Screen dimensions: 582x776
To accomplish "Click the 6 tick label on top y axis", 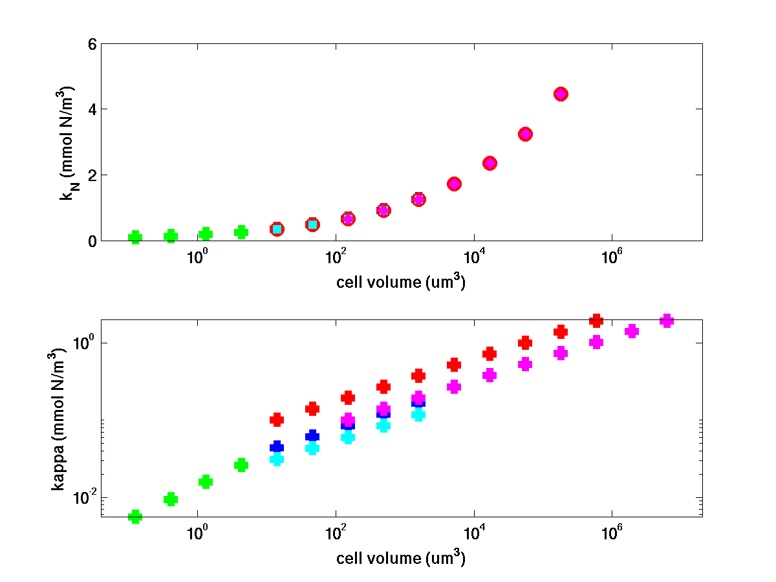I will pyautogui.click(x=91, y=44).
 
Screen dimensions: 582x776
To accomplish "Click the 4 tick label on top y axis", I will pyautogui.click(x=91, y=109).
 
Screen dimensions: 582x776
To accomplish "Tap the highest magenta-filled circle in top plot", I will pyautogui.click(x=561, y=94).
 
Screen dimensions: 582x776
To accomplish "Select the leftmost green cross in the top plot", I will pyautogui.click(x=135, y=237).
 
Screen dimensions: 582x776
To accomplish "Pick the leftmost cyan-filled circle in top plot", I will pyautogui.click(x=277, y=229).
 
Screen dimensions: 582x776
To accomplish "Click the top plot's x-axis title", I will pyautogui.click(x=401, y=283).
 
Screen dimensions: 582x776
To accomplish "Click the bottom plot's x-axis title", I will pyautogui.click(x=401, y=557).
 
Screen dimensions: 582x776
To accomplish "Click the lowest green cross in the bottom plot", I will pyautogui.click(x=135, y=516).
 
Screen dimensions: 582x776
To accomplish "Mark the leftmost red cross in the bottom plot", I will pyautogui.click(x=277, y=420).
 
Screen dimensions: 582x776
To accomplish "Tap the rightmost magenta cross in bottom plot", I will pyautogui.click(x=667, y=321).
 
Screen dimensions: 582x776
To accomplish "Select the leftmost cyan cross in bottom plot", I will pyautogui.click(x=277, y=459).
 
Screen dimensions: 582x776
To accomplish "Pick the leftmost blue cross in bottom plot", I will pyautogui.click(x=277, y=447).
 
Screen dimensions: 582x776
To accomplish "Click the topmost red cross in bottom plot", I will pyautogui.click(x=596, y=321).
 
